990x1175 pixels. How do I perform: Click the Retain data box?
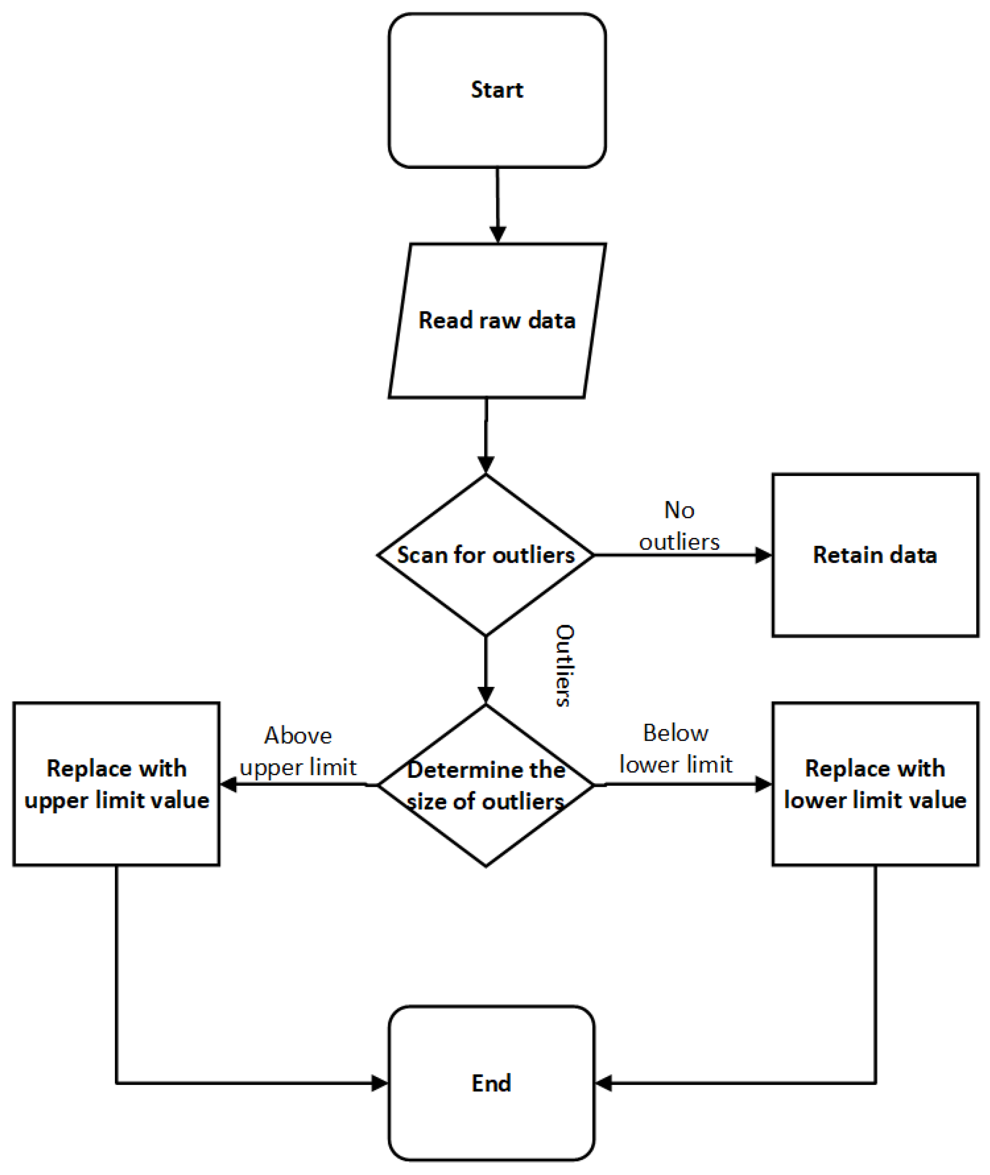[x=875, y=595]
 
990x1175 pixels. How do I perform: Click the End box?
[x=491, y=1117]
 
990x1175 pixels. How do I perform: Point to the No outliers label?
[x=679, y=526]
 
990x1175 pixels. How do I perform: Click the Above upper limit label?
[x=298, y=751]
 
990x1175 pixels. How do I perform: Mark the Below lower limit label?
[x=676, y=749]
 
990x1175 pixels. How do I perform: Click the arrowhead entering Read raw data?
[x=498, y=235]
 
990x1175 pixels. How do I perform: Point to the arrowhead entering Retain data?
[x=764, y=555]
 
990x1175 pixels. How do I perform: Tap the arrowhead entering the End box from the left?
[x=380, y=1083]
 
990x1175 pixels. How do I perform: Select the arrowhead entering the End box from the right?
[x=603, y=1083]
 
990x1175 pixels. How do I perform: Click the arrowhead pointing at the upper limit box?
[x=228, y=784]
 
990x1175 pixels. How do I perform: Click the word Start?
[x=497, y=90]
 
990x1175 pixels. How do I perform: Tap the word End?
[x=491, y=1083]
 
